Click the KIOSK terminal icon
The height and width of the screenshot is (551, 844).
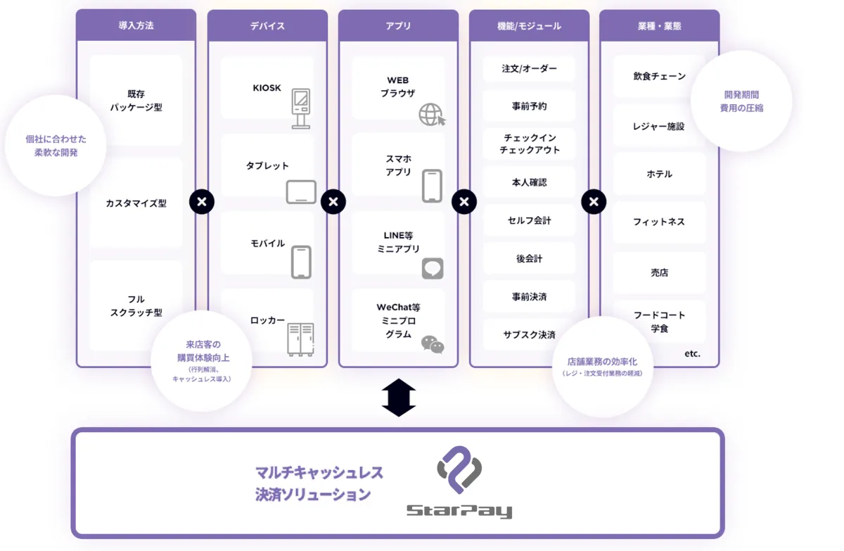tap(301, 108)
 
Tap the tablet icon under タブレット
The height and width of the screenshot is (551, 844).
tap(301, 192)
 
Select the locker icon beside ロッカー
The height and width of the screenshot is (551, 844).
tap(300, 339)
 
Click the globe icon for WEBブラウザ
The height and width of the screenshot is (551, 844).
tap(432, 114)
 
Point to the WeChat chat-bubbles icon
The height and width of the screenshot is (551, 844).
tap(433, 344)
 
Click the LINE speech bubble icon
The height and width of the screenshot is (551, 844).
tap(433, 268)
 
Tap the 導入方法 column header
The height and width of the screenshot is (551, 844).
tap(136, 26)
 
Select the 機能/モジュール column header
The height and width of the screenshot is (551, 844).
tap(529, 26)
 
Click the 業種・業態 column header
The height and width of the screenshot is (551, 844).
tap(659, 26)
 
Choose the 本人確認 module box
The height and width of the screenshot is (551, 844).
tap(529, 182)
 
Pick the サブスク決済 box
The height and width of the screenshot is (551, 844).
tap(529, 334)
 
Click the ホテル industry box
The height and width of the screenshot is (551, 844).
tap(659, 174)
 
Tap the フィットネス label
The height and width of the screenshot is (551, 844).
tap(659, 222)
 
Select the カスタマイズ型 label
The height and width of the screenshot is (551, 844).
tap(136, 203)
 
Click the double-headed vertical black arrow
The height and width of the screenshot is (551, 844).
tap(399, 398)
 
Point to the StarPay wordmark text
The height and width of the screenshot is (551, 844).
tap(459, 511)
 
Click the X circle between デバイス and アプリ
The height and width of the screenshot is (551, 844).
tap(333, 203)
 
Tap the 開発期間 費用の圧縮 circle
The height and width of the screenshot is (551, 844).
tap(741, 101)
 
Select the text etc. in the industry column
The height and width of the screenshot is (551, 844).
tap(692, 354)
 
